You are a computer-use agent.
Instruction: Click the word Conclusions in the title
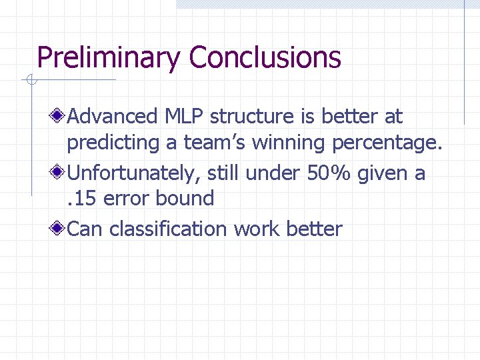coord(265,58)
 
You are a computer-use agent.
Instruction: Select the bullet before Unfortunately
coord(59,173)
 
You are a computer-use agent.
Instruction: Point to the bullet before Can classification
coord(59,229)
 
